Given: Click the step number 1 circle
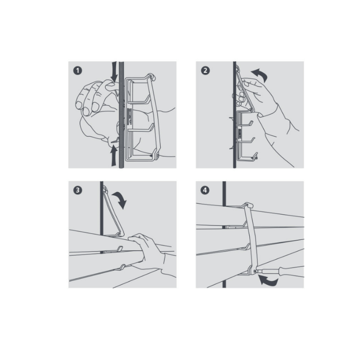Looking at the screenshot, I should coord(77,71).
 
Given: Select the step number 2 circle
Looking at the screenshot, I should coord(205,71).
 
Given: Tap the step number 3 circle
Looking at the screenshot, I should coord(77,190).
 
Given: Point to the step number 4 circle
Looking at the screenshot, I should coord(205,190).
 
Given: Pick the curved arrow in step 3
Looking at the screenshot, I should coord(121,198).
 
